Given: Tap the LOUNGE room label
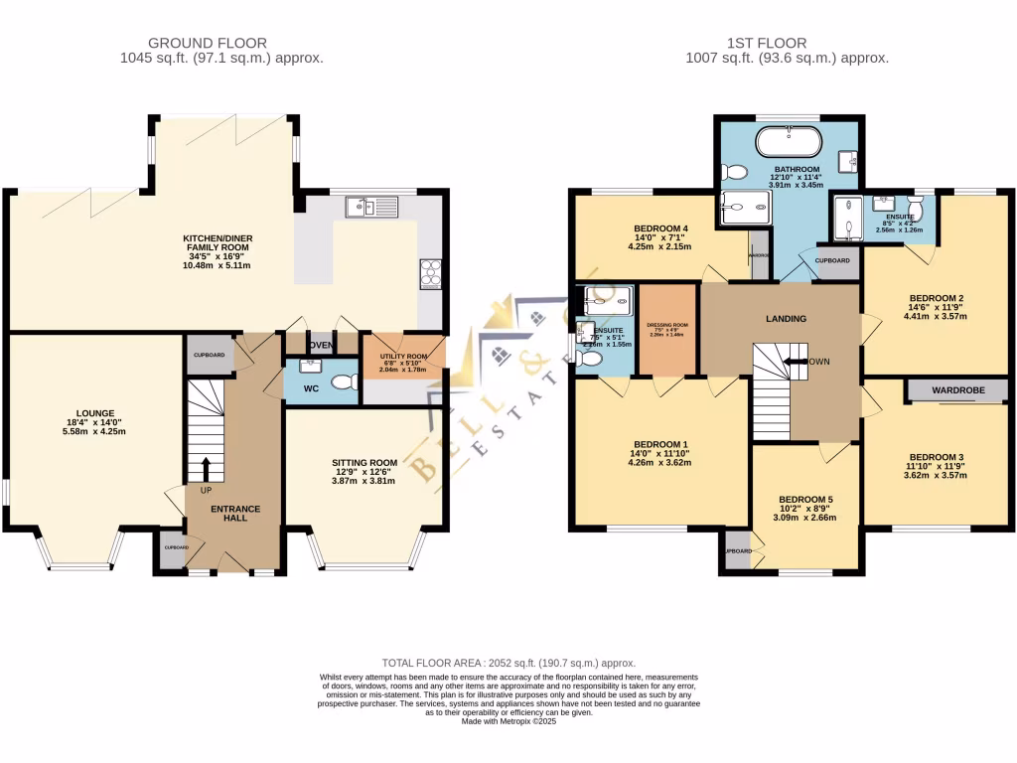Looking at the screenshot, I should (96, 413).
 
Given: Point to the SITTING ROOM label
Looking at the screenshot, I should (364, 462).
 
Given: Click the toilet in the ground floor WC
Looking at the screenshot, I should (342, 382).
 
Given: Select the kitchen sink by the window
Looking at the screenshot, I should (368, 207).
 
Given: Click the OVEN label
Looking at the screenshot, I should (321, 345).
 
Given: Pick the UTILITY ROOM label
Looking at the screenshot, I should (403, 356).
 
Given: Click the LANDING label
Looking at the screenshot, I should (786, 319).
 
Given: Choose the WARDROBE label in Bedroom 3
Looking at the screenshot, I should (957, 391).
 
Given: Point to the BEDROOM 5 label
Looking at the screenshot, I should (805, 500).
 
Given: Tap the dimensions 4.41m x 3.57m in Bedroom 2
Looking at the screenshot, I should (936, 318).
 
